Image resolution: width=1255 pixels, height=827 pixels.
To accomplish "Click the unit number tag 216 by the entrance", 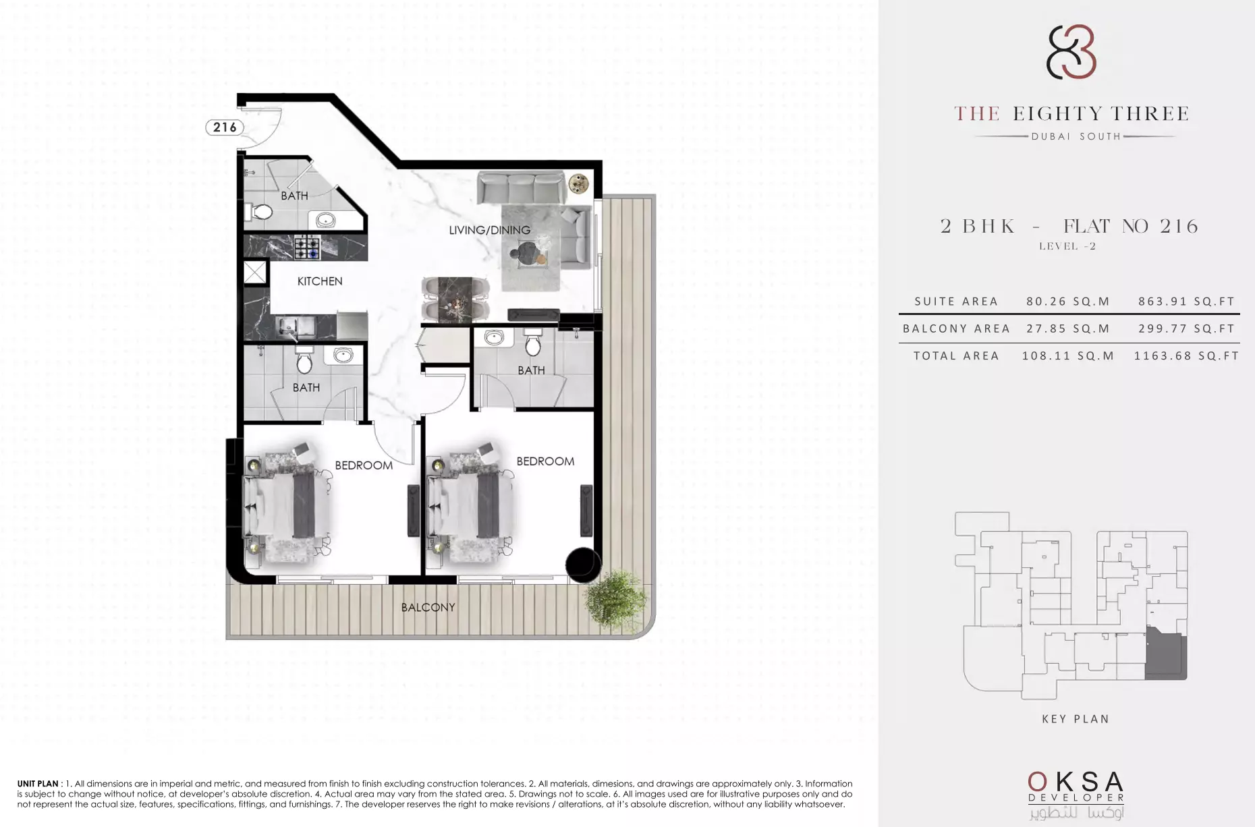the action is pos(225,127).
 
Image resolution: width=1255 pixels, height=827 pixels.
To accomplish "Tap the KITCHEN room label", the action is pos(320,281).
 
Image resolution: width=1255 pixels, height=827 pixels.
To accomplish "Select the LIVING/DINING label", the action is pos(490,230).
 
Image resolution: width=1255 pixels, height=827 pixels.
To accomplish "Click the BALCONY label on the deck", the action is pos(428,607).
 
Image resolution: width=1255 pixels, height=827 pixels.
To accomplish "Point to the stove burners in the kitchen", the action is pos(308,247).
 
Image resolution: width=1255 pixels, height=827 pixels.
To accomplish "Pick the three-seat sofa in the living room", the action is pos(521,187).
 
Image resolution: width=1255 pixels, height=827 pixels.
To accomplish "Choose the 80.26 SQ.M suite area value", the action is pos(1068,302).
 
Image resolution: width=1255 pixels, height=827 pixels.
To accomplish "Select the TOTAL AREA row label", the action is pos(956,355).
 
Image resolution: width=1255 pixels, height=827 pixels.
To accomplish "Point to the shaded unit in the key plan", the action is pos(1165,652).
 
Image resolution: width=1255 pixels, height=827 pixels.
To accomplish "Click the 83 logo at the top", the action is pos(1071,52).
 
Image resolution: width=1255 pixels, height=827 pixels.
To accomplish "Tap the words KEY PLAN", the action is pos(1076,719).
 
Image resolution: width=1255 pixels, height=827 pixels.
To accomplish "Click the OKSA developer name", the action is pos(1076,782).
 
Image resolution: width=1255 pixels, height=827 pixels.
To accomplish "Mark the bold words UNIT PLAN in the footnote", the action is pos(38,784).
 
